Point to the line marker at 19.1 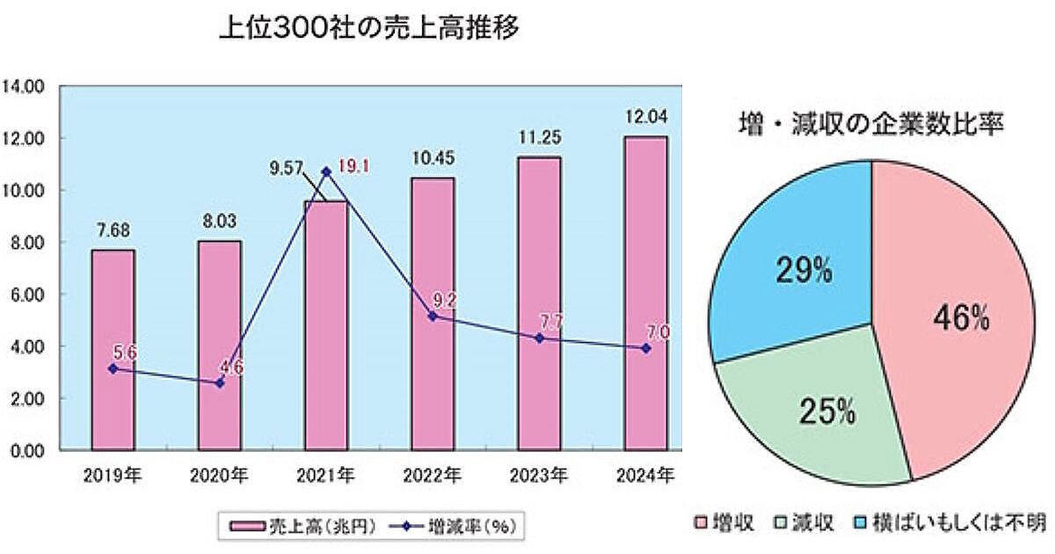(x=327, y=171)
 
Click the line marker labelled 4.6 (x=220, y=383)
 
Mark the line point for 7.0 (x=646, y=348)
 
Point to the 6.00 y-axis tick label (x=26, y=295)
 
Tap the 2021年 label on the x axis (x=326, y=477)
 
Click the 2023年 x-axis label (x=539, y=477)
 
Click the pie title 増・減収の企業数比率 (x=871, y=124)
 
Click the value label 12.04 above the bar (x=646, y=117)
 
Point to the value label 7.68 (x=113, y=231)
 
